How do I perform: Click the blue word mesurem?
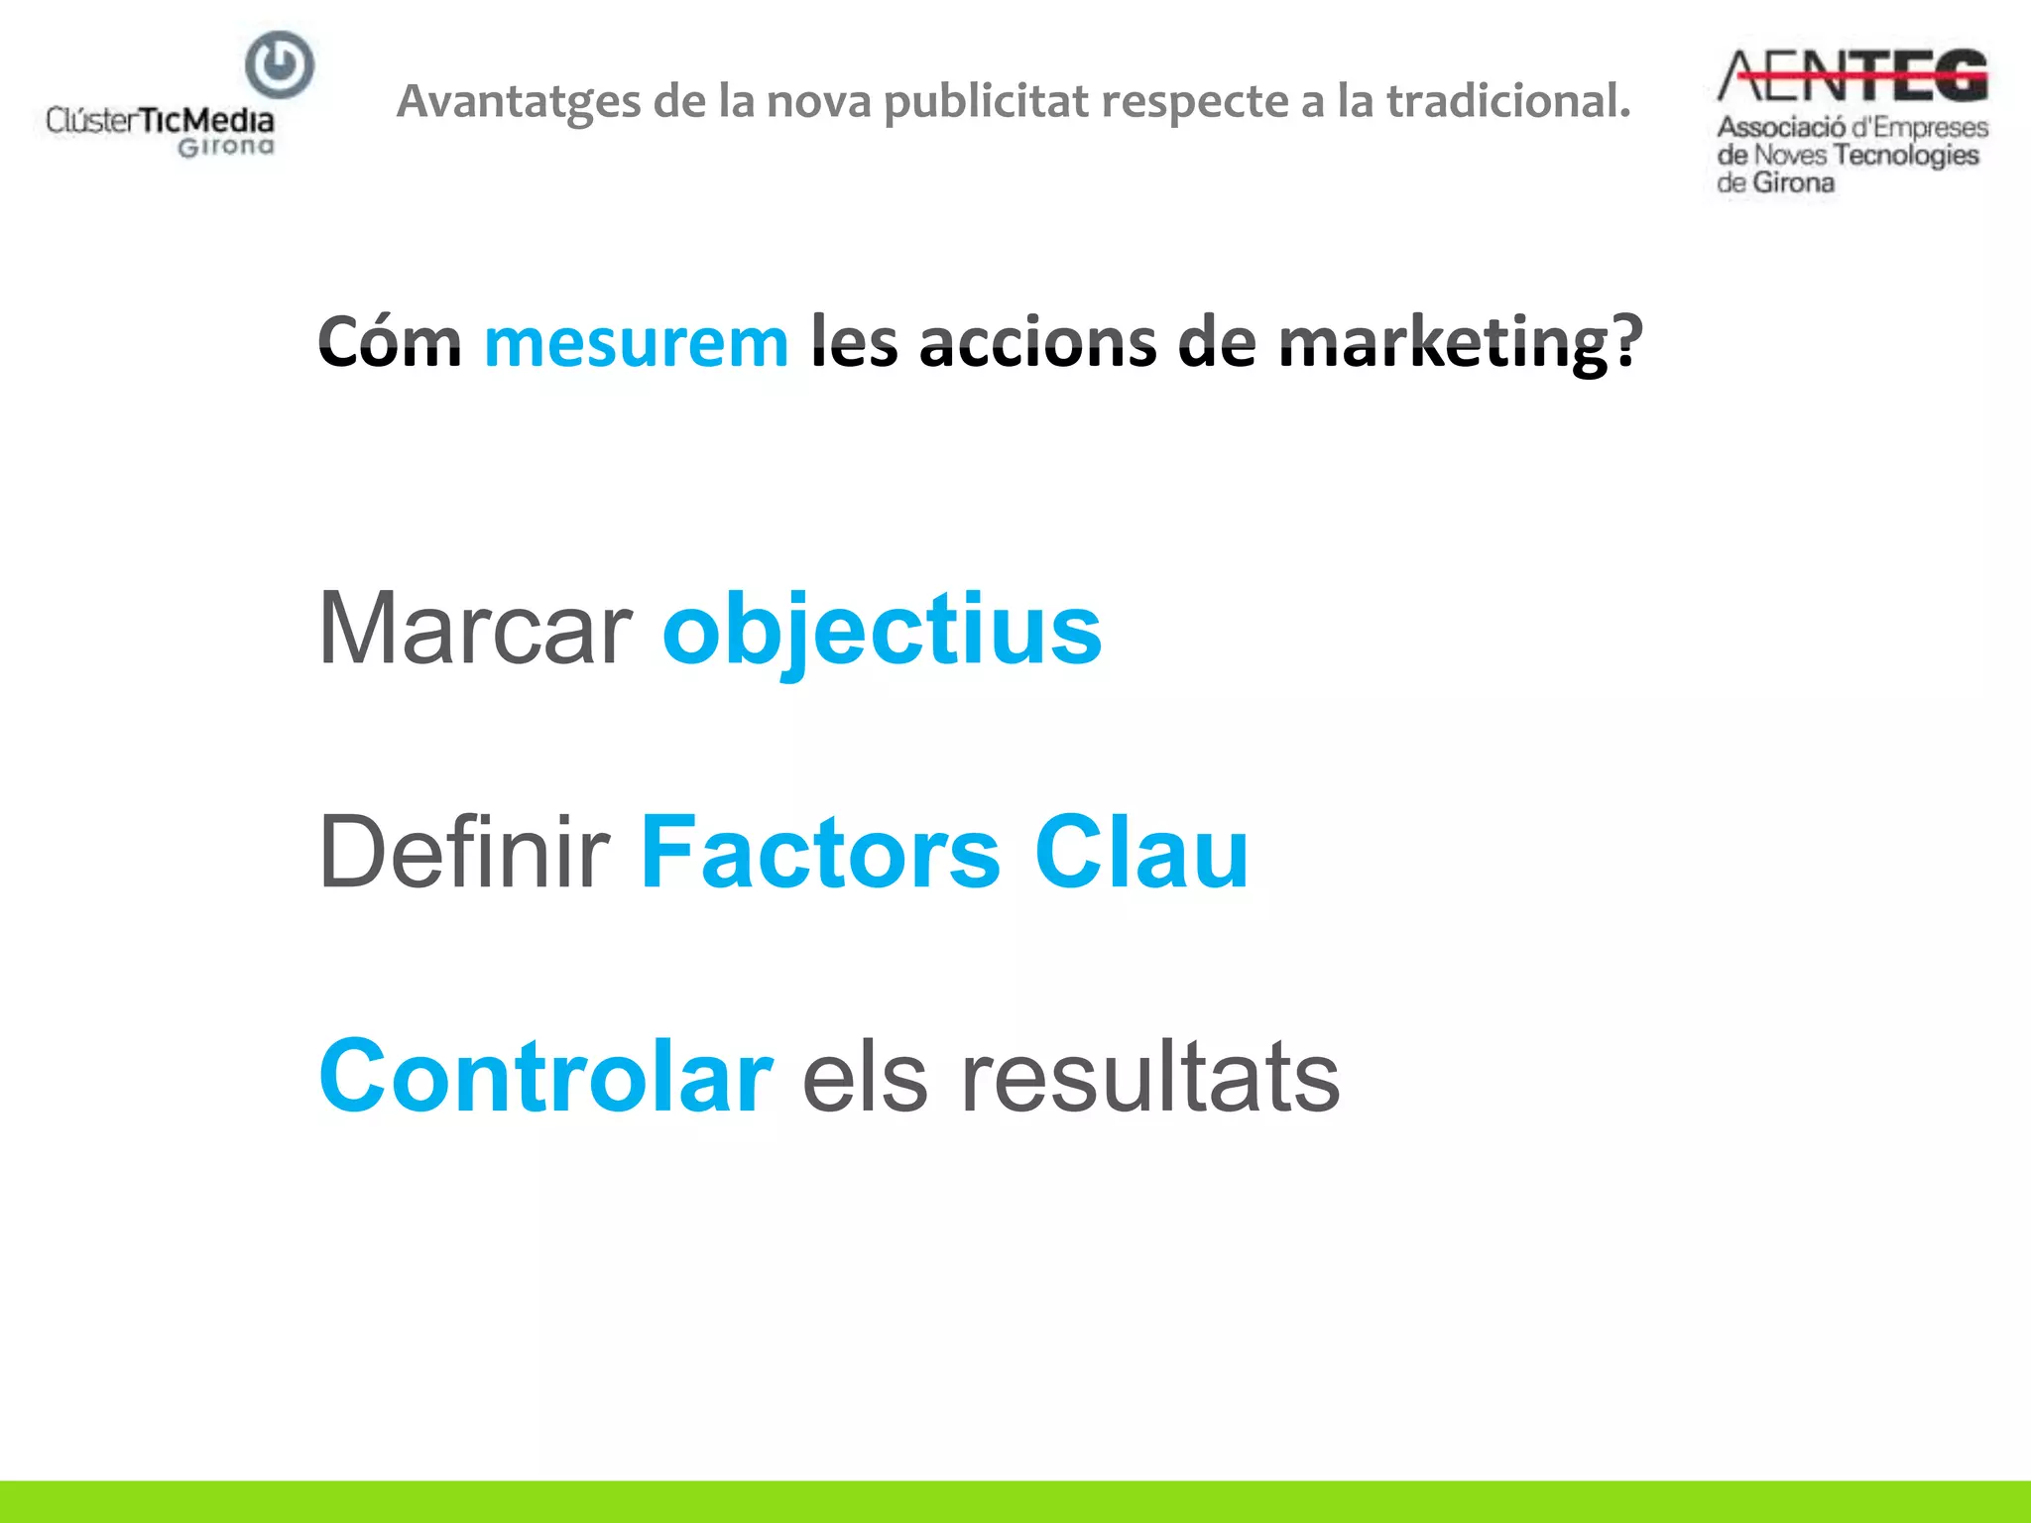point(636,342)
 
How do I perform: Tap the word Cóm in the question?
point(390,342)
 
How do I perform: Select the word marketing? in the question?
point(1460,342)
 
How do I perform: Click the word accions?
point(1037,342)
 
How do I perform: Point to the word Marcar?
point(475,629)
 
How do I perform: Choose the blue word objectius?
point(882,631)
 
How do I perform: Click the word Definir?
point(464,852)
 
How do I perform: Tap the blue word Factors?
point(820,852)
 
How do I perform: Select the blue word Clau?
point(1140,852)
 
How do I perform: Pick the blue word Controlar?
point(545,1076)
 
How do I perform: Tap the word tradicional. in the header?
point(1507,100)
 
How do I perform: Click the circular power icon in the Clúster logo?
point(280,65)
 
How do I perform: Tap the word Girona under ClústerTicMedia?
point(226,147)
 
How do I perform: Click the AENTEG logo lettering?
point(1852,76)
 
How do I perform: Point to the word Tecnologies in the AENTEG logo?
point(1905,155)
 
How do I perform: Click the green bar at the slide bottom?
point(1015,1501)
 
